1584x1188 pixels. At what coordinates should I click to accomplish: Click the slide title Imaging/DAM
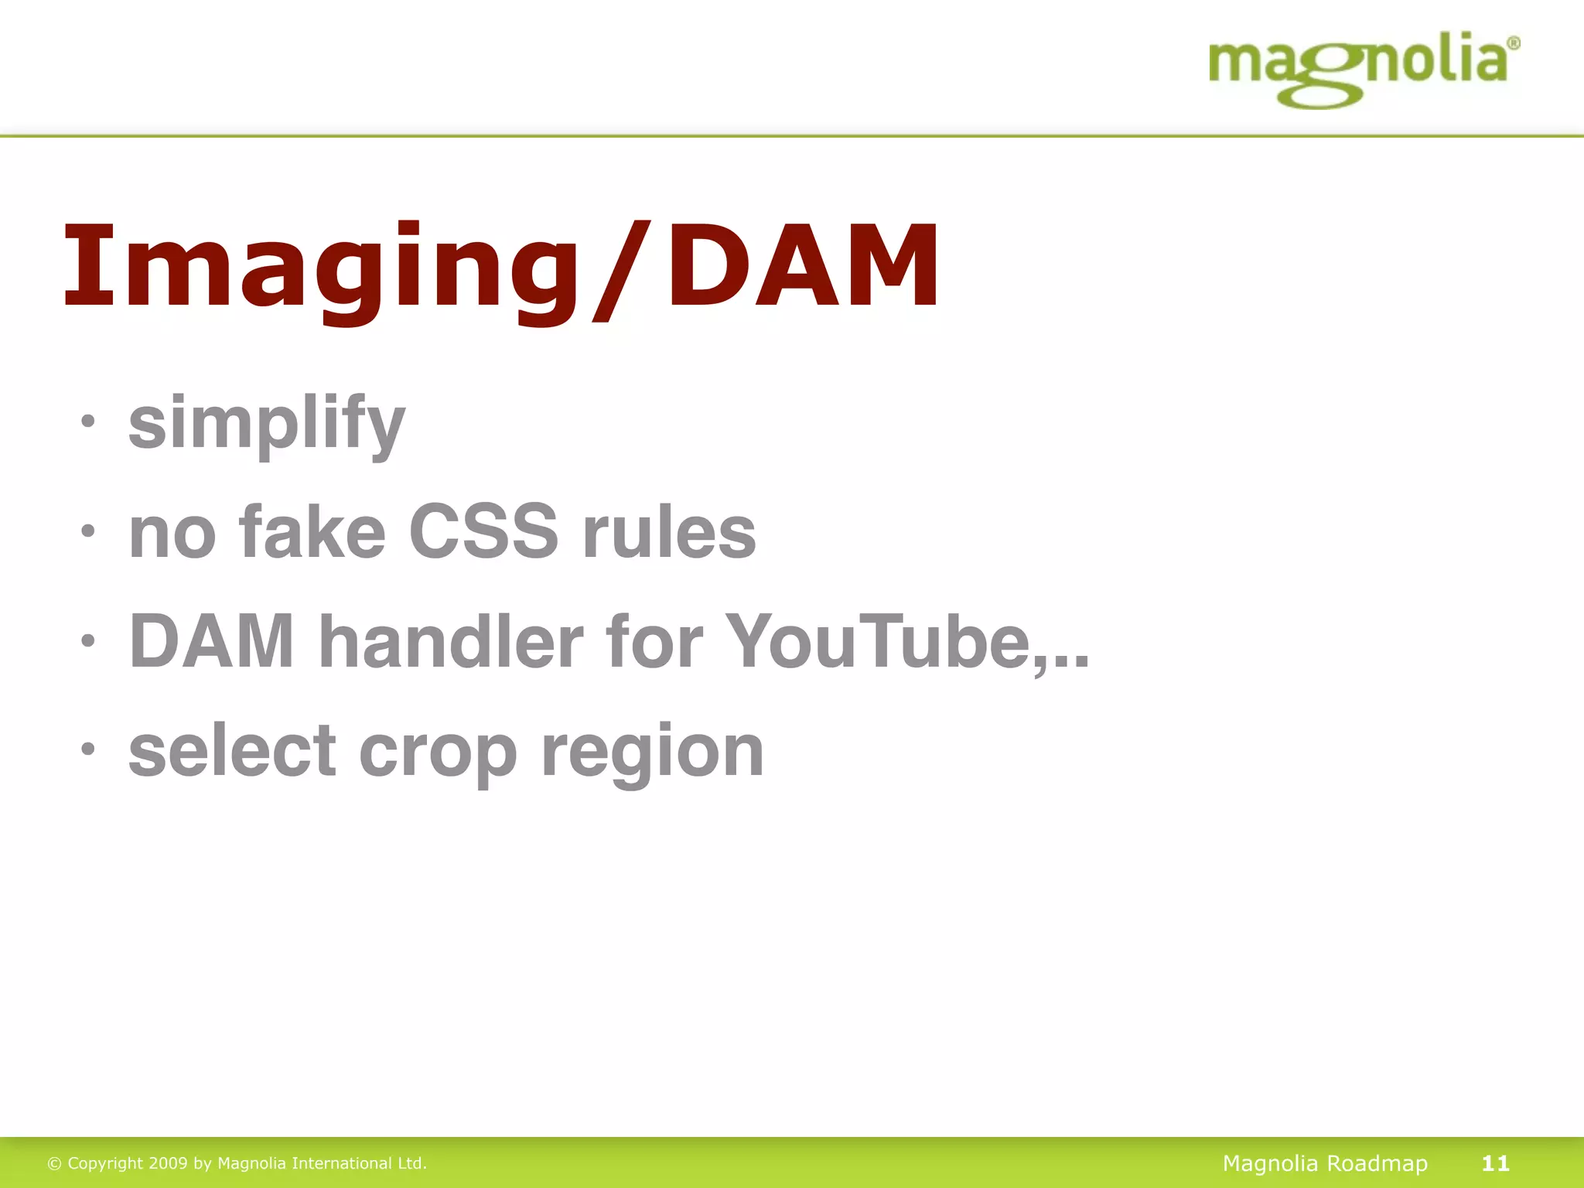tap(501, 267)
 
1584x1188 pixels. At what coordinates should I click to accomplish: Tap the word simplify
tap(267, 423)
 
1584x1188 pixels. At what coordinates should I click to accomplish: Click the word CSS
tap(483, 532)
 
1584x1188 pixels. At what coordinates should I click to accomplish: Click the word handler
tap(451, 641)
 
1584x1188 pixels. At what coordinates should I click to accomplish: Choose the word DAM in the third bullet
tap(211, 641)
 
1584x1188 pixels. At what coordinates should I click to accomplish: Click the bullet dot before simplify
tap(88, 422)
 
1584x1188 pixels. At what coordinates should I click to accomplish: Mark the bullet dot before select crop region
tap(88, 749)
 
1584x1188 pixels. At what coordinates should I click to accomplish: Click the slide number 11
tap(1495, 1163)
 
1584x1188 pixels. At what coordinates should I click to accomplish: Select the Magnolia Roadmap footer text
tap(1325, 1163)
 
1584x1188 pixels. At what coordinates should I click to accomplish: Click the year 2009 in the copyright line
tap(168, 1163)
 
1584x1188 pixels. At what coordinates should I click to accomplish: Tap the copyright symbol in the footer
tap(54, 1164)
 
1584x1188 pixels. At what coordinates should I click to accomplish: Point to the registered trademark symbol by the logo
tap(1514, 43)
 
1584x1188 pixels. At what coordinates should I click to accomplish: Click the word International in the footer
tap(341, 1163)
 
